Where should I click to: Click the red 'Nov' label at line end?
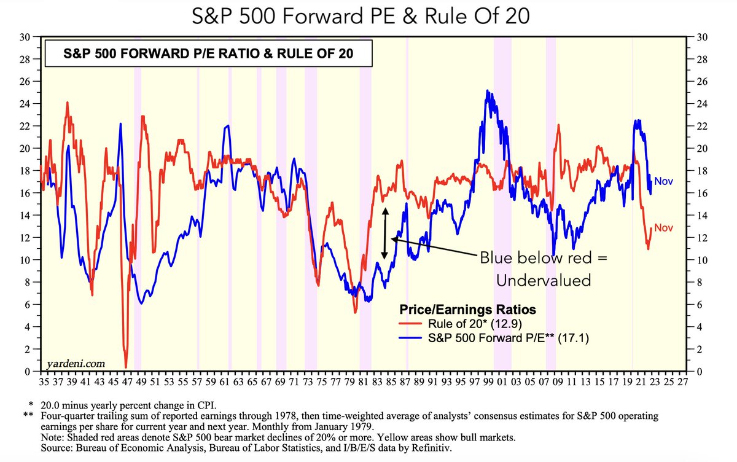(x=663, y=228)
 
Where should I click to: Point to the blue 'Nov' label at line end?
(x=663, y=181)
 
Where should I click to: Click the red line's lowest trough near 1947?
(x=126, y=367)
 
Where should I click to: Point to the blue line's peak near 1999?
(x=487, y=91)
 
